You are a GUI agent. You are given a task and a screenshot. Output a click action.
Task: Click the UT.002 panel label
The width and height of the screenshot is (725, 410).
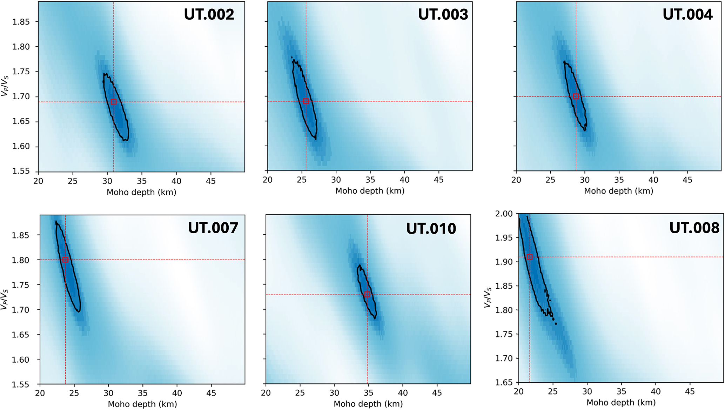coord(209,14)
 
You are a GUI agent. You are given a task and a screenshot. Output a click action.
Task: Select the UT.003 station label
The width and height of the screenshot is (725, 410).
coord(443,14)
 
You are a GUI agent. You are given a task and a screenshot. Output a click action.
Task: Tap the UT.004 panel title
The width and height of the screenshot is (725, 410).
coord(687,14)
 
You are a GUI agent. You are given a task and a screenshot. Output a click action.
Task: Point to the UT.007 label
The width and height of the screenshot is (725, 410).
coord(213,228)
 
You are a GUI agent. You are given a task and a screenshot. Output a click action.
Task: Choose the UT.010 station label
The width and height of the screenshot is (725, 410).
coord(431,229)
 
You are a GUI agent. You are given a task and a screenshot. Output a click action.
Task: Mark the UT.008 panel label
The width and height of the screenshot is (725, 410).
coord(694,228)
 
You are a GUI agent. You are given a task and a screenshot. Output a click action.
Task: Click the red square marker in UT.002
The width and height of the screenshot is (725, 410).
coord(114,102)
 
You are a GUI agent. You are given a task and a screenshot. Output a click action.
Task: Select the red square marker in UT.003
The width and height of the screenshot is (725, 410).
coord(306,101)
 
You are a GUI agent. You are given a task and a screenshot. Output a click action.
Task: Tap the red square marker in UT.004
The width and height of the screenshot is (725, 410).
coord(576,96)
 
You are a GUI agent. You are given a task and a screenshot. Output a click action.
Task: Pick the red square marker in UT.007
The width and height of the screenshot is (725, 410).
coord(65,260)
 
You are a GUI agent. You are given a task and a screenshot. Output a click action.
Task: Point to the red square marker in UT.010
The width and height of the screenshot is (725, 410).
coord(367,294)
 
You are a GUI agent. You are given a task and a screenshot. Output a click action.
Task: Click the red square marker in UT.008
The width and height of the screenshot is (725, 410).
coord(530,257)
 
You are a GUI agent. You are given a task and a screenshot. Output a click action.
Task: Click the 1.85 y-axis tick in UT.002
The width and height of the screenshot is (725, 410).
coord(21,22)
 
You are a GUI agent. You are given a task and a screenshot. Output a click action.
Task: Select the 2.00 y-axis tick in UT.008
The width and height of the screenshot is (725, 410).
coord(504,214)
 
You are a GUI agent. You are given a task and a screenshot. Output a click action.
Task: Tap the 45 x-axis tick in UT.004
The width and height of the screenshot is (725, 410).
coord(687,180)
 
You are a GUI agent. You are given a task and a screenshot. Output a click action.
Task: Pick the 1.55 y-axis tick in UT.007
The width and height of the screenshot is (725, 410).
coord(21,384)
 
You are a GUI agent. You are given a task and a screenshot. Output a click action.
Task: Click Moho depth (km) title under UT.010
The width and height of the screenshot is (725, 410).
coord(368,404)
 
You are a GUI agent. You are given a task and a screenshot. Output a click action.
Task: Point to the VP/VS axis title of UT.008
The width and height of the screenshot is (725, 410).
coord(488,298)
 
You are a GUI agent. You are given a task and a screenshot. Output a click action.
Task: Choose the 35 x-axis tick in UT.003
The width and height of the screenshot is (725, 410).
coord(370,180)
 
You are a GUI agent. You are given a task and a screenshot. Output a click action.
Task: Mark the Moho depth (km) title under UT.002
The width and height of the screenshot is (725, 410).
coord(141,192)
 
